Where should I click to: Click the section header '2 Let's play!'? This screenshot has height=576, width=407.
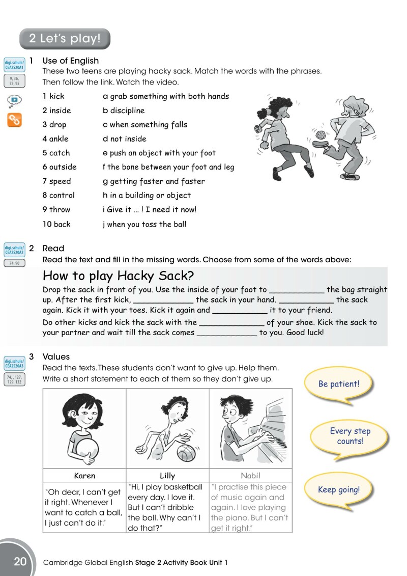65,38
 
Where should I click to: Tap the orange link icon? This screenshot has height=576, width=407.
14,120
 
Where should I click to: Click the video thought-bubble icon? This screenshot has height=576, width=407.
14,100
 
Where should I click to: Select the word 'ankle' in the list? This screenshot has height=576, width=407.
59,139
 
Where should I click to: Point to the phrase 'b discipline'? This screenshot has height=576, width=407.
124,111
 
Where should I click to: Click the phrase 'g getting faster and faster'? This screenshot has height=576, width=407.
154,181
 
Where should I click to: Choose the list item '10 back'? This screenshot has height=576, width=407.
56,224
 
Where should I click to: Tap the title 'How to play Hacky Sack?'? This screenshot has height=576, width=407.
118,276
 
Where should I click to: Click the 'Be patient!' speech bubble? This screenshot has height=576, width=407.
338,384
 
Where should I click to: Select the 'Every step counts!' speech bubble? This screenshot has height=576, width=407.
350,436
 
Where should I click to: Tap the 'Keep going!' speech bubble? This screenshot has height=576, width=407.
338,490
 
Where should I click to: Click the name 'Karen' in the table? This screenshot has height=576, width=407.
84,476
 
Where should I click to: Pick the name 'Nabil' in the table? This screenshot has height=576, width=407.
250,476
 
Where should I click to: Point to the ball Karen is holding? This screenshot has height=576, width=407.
86,449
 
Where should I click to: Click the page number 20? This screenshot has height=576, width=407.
20,562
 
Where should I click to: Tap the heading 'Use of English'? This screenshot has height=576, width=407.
71,61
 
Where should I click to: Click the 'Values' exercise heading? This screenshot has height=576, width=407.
56,356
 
